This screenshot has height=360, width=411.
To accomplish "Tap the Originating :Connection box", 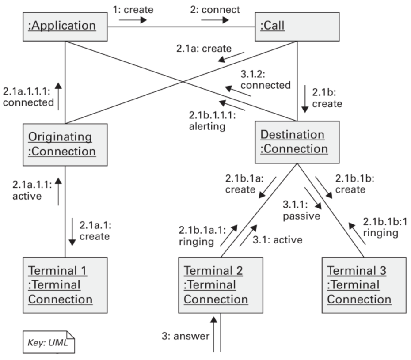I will point(65,144).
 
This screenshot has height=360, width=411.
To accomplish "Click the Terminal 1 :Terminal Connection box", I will point(65,285).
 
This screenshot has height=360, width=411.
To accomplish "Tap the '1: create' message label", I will point(134,8).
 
